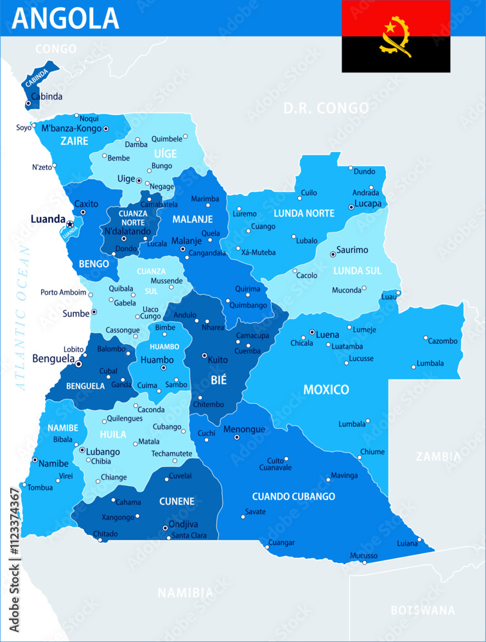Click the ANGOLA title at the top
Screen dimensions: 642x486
(65, 18)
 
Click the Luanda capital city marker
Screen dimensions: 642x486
(70, 223)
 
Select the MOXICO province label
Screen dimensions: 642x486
(326, 390)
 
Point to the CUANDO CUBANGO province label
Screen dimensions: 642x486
(293, 496)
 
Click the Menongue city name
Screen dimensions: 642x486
(244, 429)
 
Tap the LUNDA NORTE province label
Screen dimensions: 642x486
(304, 213)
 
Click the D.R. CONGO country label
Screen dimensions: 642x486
(326, 107)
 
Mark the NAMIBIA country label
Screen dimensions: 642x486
(185, 592)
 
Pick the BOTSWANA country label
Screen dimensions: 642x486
(422, 610)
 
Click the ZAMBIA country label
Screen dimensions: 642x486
(438, 457)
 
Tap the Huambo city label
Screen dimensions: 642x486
(157, 360)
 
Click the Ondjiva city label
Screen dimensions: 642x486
(184, 525)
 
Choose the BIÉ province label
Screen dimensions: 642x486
(219, 380)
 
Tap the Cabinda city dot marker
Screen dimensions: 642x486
(28, 103)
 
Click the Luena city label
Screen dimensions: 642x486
(327, 334)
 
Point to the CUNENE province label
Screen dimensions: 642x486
(177, 501)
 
